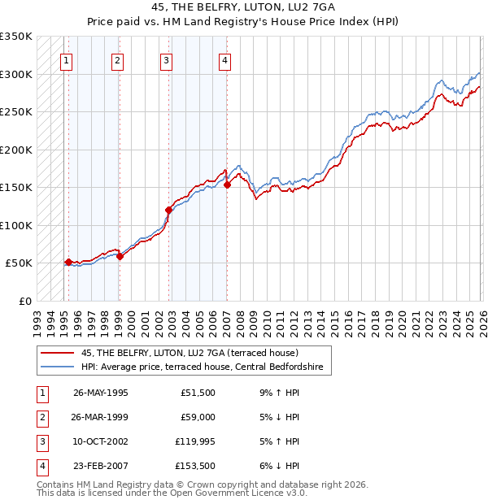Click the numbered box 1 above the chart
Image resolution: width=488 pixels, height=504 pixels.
click(x=65, y=59)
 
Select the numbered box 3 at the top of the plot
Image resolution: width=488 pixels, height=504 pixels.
click(x=165, y=59)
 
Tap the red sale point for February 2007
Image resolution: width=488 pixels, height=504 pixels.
click(x=227, y=185)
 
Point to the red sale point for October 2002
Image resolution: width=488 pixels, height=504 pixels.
click(x=168, y=210)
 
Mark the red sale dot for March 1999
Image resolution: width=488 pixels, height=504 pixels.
click(x=120, y=256)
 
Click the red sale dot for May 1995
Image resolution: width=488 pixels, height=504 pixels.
click(x=68, y=262)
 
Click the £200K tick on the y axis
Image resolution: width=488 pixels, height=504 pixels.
click(x=15, y=150)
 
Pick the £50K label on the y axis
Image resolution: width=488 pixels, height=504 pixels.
click(x=19, y=263)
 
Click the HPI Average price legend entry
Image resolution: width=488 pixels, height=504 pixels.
click(x=202, y=367)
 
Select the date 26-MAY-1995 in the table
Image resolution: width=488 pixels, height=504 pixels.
click(x=101, y=393)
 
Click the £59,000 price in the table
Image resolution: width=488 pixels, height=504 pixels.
click(x=198, y=417)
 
